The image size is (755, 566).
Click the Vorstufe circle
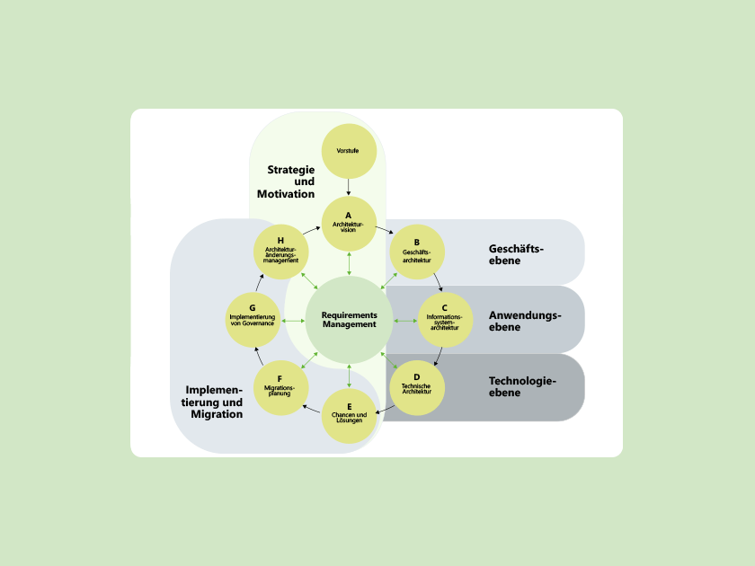tap(348, 151)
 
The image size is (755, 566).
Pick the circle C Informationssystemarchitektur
tap(445, 320)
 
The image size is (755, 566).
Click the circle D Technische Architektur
tap(417, 388)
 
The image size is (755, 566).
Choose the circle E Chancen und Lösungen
tap(348, 416)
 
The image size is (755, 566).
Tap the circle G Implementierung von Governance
tap(253, 320)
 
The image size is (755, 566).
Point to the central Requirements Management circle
tap(349, 320)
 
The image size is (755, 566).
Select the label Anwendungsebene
tap(525, 321)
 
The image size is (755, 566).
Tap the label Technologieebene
tap(522, 387)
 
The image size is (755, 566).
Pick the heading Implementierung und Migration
tap(214, 402)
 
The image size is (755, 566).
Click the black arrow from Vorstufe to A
tap(348, 187)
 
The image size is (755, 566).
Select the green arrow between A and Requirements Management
tap(349, 263)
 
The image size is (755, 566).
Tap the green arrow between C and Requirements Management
tap(405, 320)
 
